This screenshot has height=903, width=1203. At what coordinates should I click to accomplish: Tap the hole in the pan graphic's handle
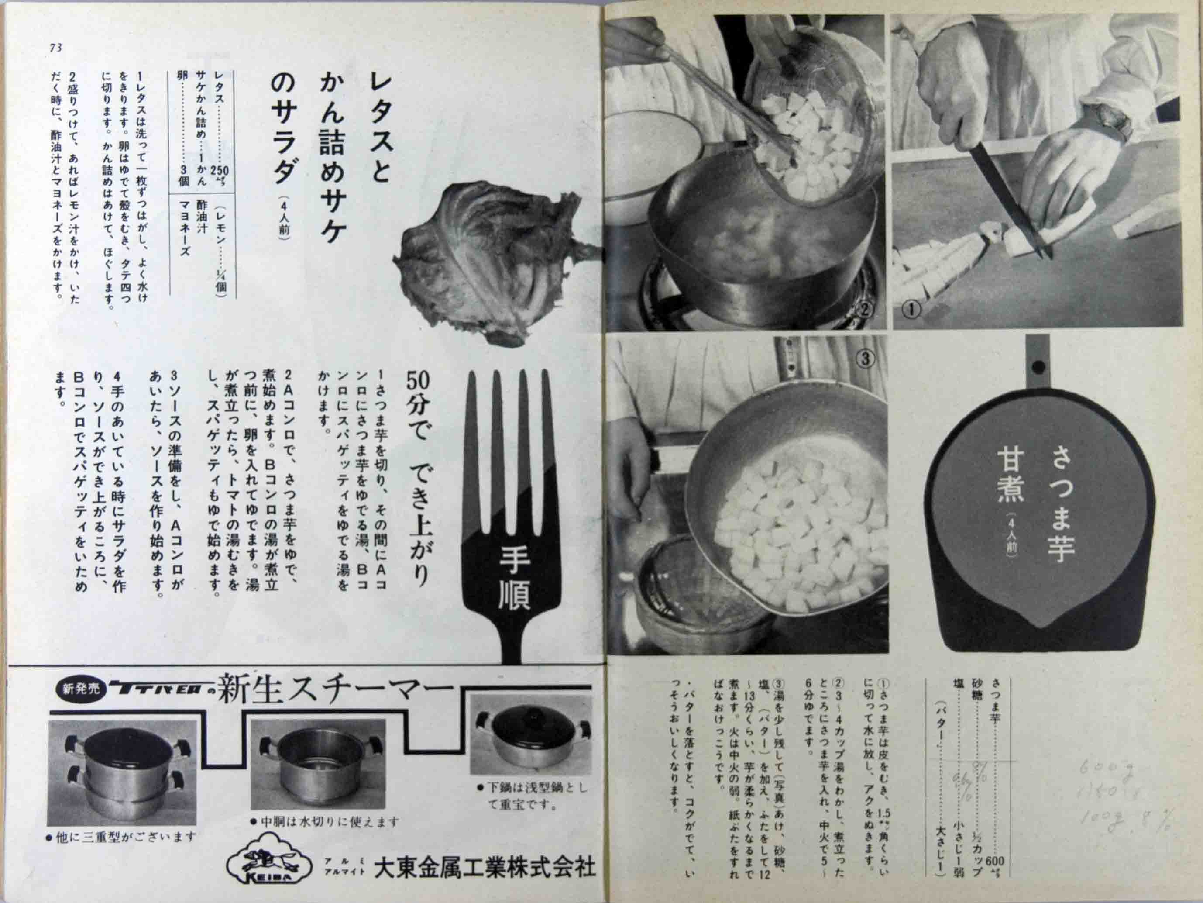click(x=1037, y=365)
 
